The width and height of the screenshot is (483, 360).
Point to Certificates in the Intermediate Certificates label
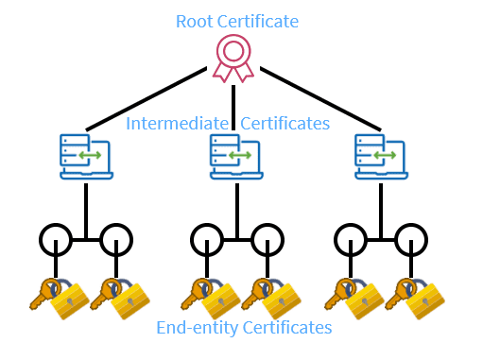click(285, 124)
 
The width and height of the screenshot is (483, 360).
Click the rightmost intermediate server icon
click(381, 156)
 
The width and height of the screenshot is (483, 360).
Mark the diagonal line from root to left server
click(147, 98)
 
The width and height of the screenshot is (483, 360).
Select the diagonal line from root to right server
click(321, 98)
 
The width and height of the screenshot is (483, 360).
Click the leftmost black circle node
click(56, 237)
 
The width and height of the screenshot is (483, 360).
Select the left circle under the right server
click(352, 237)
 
